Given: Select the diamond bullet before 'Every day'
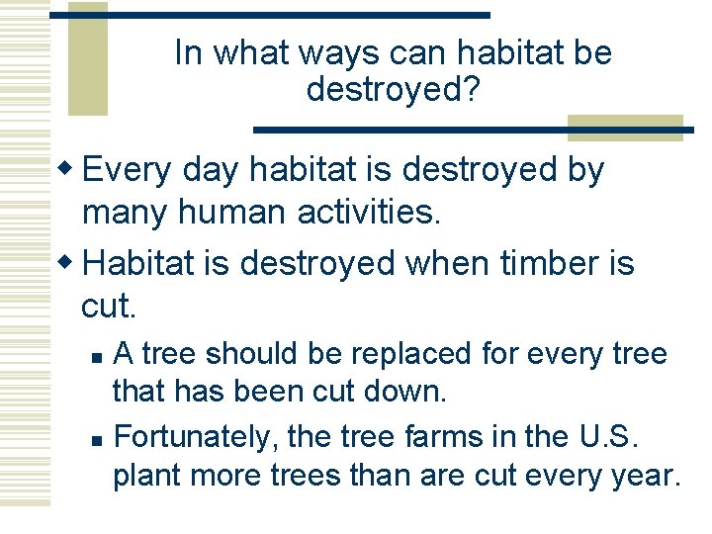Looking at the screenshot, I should tap(69, 169).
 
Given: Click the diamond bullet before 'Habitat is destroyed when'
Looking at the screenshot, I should tap(69, 263).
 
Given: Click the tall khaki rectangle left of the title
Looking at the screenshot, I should tap(87, 59).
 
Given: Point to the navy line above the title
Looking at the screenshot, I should tap(269, 15).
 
